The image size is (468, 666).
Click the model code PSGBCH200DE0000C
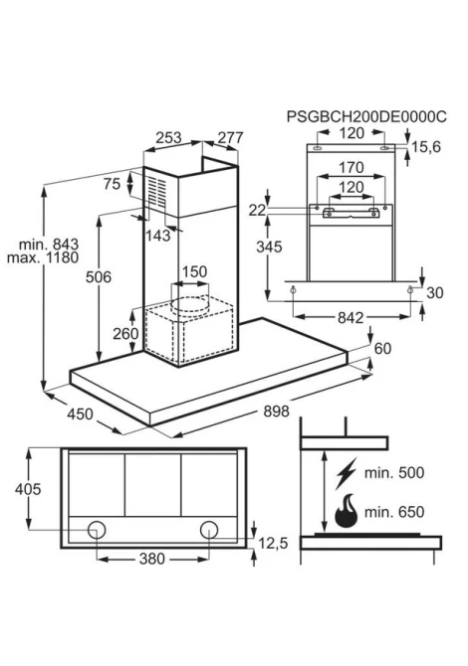pos(366,116)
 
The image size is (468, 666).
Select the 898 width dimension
pos(276,411)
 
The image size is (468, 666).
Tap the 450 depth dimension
pos(80,414)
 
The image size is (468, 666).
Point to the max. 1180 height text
pos(43,257)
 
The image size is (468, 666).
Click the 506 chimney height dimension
pos(99,277)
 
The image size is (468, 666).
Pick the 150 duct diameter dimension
pos(194,271)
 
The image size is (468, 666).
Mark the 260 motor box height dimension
pos(125,333)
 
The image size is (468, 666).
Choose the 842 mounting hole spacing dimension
pos(351,317)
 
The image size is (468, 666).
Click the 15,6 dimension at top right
pos(426,147)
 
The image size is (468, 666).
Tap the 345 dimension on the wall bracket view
pos(269,247)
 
